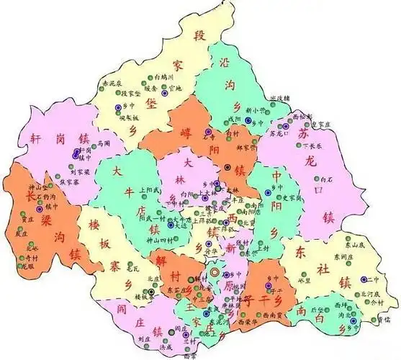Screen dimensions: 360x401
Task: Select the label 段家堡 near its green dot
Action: click(x=132, y=93)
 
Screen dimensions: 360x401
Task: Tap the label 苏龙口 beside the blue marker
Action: click(x=279, y=133)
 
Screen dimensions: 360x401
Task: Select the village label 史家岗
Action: click(x=289, y=198)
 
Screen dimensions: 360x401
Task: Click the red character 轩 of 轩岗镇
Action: click(x=35, y=139)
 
